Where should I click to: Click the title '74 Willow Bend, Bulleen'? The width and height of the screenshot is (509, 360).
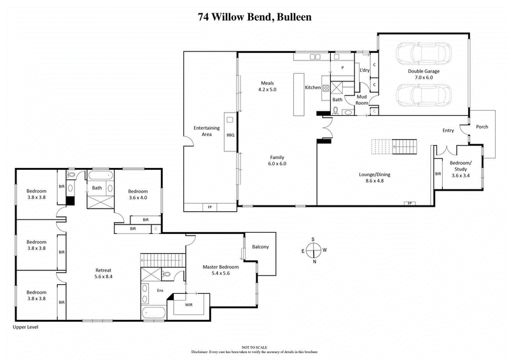point(254,16)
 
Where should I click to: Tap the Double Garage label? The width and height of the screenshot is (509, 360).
point(423,75)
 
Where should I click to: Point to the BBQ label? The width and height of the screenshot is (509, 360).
point(230,135)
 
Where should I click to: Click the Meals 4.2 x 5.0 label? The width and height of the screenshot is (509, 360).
point(267,86)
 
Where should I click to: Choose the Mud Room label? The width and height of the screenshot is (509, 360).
point(361,99)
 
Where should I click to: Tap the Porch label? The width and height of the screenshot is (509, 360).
point(482,127)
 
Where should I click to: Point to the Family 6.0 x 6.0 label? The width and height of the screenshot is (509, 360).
point(277,161)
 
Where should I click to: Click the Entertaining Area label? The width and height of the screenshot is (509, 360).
point(206,132)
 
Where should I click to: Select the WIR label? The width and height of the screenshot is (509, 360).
point(188,305)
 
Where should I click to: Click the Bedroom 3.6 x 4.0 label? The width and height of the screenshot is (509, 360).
point(137,195)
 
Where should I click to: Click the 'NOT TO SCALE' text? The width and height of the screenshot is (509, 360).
point(254,347)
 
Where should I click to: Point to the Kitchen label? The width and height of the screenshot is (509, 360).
point(312,87)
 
